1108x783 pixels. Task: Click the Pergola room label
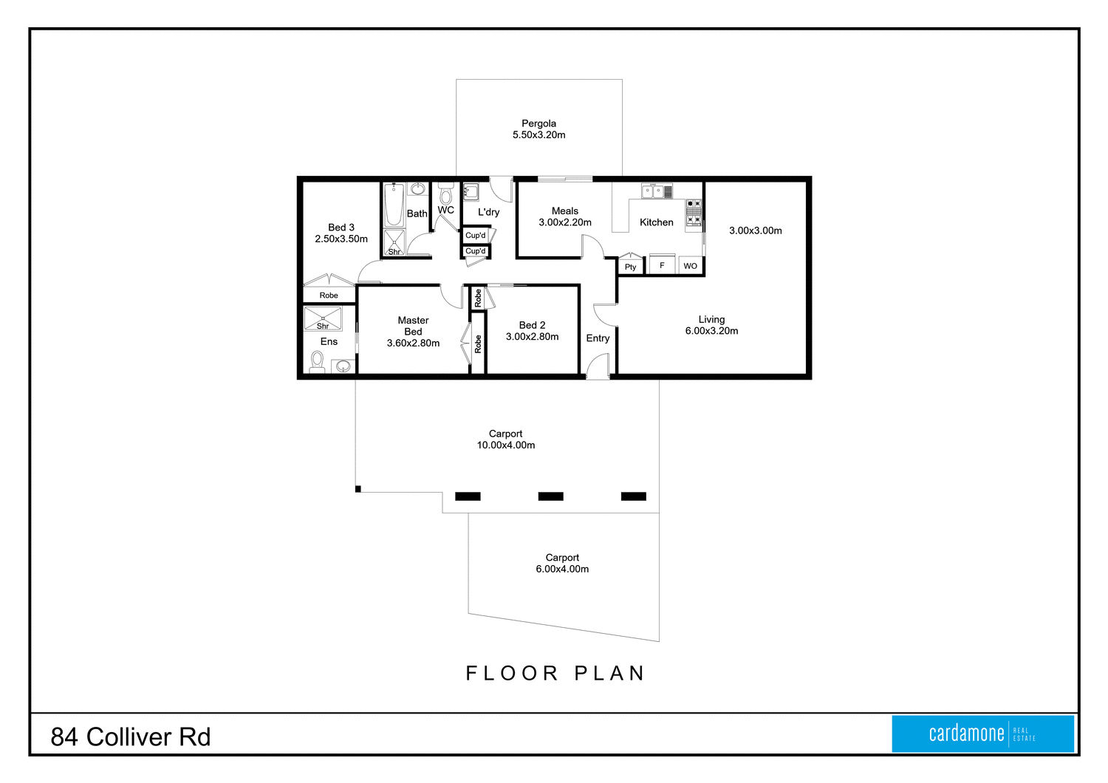(538, 123)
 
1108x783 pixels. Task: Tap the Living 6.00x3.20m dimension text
(711, 331)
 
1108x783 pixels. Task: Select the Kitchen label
(656, 222)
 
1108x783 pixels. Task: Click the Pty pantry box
(630, 266)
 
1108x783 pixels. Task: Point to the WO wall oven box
(690, 265)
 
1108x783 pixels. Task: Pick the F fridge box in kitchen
(662, 264)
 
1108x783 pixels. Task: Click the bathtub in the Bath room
(394, 205)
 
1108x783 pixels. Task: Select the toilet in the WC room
(445, 195)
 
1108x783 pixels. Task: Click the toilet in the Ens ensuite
(317, 361)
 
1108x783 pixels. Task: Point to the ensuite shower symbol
(323, 318)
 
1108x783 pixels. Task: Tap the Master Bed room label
(413, 326)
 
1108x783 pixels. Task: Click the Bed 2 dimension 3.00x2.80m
(532, 337)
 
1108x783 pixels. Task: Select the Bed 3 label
(341, 228)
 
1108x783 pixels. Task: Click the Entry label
(598, 338)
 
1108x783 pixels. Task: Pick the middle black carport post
(550, 496)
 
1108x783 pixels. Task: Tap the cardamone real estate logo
(982, 734)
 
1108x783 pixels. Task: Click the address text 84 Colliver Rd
(131, 736)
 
